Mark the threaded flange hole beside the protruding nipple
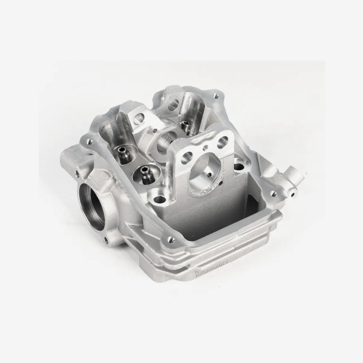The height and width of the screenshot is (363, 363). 273,193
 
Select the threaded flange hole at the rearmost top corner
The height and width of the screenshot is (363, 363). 215,96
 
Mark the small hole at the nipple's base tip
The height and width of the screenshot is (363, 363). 292,194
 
